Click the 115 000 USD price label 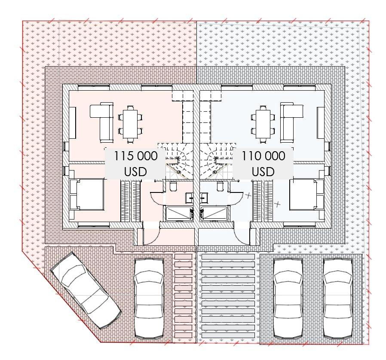point(135,163)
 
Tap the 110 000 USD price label point(263,163)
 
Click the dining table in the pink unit point(130,125)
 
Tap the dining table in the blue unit point(263,125)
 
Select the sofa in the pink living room point(102,122)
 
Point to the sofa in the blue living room point(291,122)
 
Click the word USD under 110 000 point(263,171)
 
